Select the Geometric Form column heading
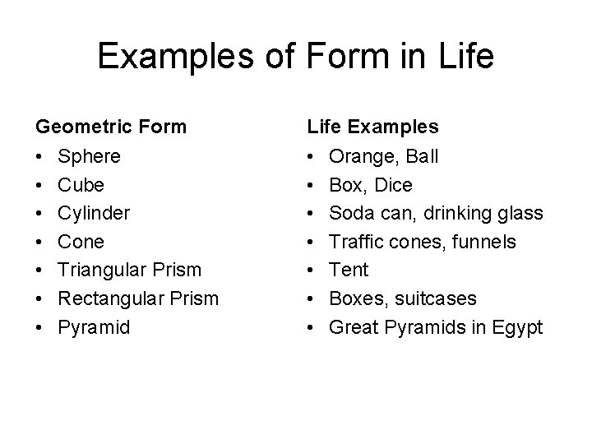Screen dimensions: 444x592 click(x=110, y=127)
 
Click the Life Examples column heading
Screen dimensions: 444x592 click(x=372, y=127)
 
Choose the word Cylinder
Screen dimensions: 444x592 click(x=93, y=214)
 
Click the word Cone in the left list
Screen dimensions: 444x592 click(x=81, y=242)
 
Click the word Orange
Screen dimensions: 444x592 click(x=360, y=156)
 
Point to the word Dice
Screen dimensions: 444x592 click(x=393, y=185)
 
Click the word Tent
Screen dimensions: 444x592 click(x=349, y=271)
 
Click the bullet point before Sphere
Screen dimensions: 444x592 click(x=39, y=156)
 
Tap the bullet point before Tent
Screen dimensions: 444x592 click(x=312, y=271)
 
